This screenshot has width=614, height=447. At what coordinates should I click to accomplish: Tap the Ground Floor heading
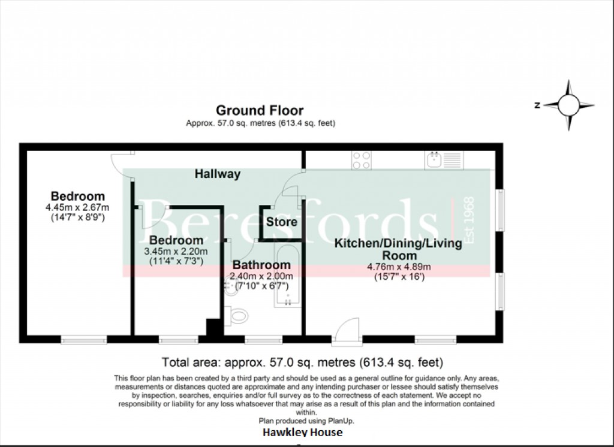260,110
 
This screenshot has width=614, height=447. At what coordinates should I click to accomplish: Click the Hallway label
218,174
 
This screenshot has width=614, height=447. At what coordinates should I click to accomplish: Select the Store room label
282,222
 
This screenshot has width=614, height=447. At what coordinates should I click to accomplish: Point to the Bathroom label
261,265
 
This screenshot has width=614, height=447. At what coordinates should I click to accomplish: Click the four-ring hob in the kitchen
362,159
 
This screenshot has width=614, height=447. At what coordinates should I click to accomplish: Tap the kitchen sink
443,159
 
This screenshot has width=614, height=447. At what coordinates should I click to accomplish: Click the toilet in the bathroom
237,313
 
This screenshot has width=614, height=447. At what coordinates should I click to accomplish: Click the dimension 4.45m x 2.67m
78,207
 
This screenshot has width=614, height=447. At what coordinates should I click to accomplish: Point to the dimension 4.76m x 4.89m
398,267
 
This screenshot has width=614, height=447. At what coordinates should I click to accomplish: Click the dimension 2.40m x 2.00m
261,276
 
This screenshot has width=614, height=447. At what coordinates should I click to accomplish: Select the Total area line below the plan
302,362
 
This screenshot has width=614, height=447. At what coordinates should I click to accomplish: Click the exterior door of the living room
345,333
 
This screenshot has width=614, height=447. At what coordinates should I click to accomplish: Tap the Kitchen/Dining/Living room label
398,249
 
